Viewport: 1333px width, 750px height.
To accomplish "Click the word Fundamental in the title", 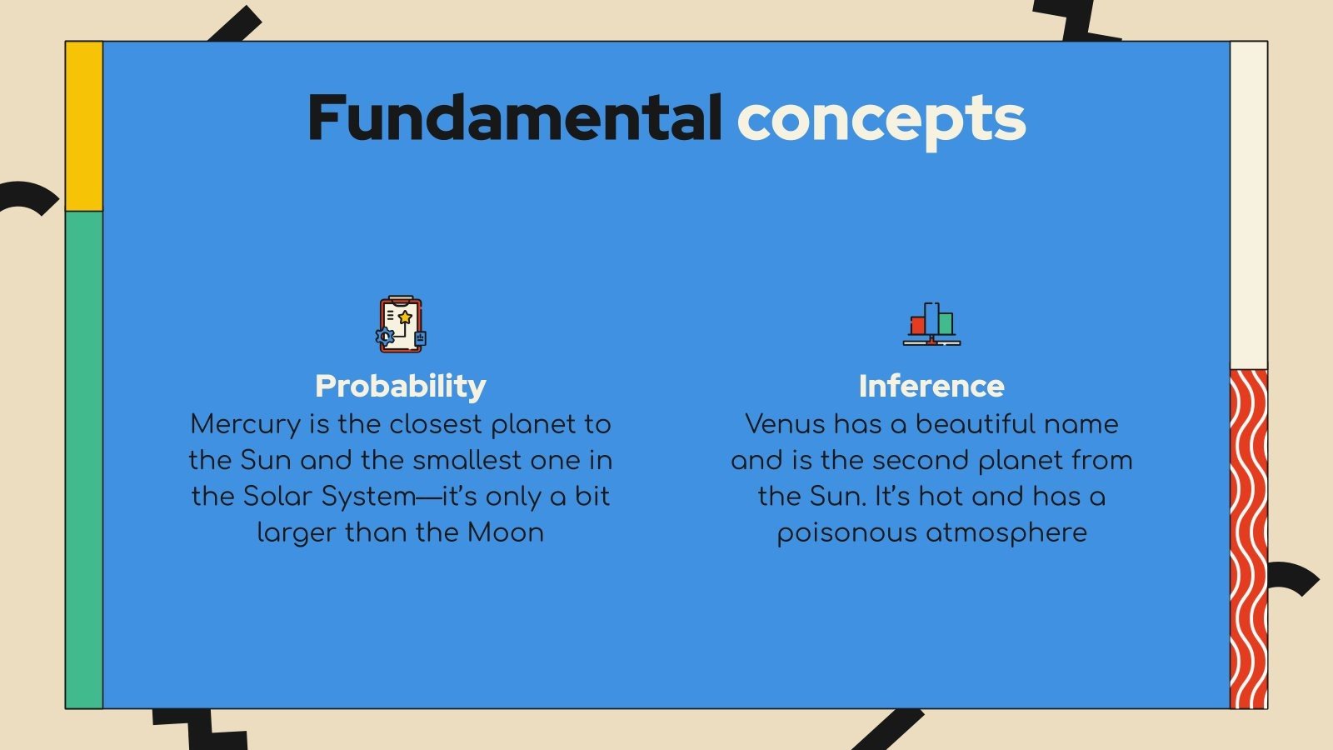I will click(x=514, y=117).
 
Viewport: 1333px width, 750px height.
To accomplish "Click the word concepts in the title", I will click(x=881, y=119).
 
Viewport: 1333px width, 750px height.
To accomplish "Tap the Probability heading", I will click(x=400, y=386).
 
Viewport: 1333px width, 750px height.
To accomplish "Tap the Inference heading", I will click(x=931, y=386).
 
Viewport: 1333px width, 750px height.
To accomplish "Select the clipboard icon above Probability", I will click(x=401, y=324).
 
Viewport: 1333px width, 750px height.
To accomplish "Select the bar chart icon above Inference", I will click(x=931, y=324).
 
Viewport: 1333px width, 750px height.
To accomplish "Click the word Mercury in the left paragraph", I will click(x=245, y=424).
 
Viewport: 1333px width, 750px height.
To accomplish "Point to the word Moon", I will click(x=505, y=532).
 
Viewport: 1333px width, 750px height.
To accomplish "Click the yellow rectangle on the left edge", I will click(x=84, y=125).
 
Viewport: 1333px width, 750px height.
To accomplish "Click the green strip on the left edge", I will click(x=84, y=458).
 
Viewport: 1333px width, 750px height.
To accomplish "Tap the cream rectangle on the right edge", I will click(x=1248, y=204).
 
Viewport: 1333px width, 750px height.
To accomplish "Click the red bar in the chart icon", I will click(x=918, y=325).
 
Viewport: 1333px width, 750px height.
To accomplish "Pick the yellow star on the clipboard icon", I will click(x=405, y=317).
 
